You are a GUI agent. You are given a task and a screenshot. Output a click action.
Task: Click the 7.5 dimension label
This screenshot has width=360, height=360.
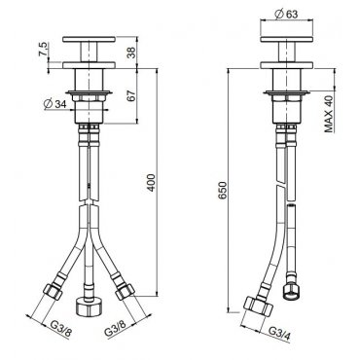click(44, 50)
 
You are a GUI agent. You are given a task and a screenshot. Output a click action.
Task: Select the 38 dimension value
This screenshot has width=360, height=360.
click(131, 53)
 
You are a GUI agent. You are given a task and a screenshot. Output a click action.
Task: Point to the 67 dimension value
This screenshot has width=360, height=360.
click(131, 96)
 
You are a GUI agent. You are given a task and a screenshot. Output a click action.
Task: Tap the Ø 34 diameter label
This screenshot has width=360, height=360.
click(54, 104)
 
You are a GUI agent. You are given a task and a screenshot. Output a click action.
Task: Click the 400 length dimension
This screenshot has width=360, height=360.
click(152, 183)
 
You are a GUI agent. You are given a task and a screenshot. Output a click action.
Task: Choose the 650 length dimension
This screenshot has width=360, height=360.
click(223, 191)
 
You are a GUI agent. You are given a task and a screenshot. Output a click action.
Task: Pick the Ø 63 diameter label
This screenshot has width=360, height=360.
click(286, 14)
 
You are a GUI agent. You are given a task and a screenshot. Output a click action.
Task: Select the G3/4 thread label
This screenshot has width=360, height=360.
click(280, 334)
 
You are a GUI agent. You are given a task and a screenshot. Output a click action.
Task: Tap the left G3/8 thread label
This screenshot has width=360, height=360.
click(60, 328)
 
